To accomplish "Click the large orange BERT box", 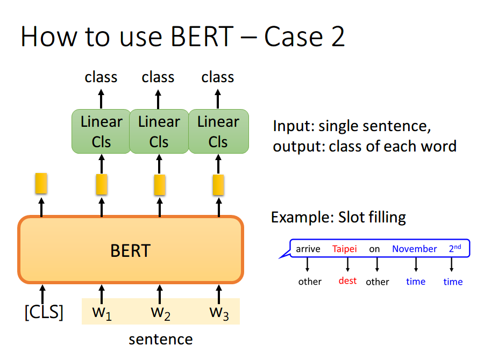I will point(131,250).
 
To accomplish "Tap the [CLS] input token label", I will point(44,312).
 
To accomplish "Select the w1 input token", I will point(102,312).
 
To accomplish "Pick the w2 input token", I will point(160,312).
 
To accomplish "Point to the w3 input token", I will point(219,312).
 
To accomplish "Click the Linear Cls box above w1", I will point(101,132).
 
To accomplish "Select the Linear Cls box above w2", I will point(159,132).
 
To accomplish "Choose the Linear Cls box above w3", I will point(218,132).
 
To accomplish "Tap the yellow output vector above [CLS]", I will point(41,183).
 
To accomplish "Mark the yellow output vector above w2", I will point(160,184).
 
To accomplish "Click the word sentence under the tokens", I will point(160,340).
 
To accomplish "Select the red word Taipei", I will point(345,249).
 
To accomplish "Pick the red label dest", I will point(347,280).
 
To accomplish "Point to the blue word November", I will point(414,249).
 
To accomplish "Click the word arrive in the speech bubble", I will point(308,249).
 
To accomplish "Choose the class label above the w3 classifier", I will point(218,77).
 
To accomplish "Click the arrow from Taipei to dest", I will point(348,264).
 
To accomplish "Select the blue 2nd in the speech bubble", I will point(455,248).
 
